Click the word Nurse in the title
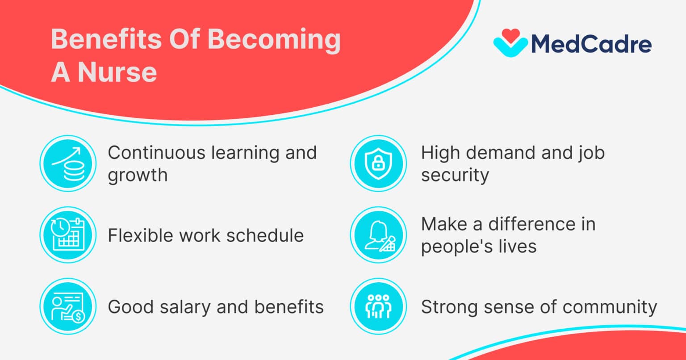[x=117, y=72]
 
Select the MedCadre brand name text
[x=591, y=44]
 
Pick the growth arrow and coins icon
[x=68, y=163]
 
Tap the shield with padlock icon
[x=379, y=163]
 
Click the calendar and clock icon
[x=68, y=235]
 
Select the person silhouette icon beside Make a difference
[x=379, y=235]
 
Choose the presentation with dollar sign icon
[x=68, y=306]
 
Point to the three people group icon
[x=379, y=306]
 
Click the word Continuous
[x=156, y=153]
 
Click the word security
[x=455, y=176]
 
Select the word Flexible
[x=141, y=235]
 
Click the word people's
[x=457, y=247]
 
